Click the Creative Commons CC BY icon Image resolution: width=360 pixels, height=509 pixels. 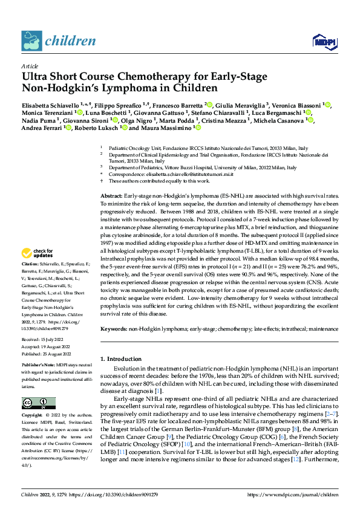click(x=39, y=403)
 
